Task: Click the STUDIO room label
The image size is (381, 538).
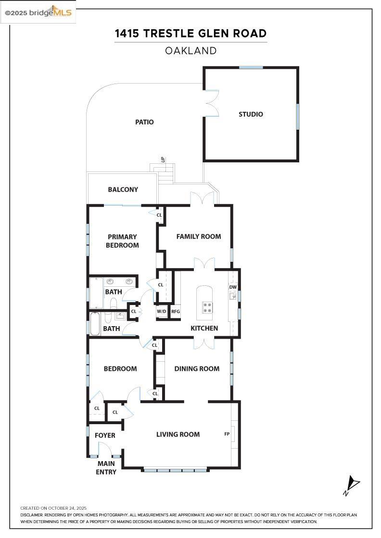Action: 251,114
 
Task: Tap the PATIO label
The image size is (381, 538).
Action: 144,122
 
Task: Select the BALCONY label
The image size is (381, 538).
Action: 123,189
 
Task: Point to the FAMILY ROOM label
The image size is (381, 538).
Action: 199,236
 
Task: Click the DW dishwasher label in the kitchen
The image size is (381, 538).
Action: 233,287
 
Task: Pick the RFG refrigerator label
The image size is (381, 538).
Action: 176,312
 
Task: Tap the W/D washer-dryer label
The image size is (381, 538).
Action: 162,312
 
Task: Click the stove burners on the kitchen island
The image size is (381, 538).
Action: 207,307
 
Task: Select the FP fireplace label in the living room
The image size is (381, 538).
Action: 227,434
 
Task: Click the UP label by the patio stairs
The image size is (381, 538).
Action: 163,159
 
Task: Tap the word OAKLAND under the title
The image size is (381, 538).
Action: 190,51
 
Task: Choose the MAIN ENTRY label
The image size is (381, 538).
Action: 106,468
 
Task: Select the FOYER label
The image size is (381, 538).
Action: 105,435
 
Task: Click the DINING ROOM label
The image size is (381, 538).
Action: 197,369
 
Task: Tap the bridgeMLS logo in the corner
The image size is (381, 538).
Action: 38,12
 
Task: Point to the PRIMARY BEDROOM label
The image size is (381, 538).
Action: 122,241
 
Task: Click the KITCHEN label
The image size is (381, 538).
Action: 204,329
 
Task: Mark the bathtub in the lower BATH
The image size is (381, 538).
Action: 95,324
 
